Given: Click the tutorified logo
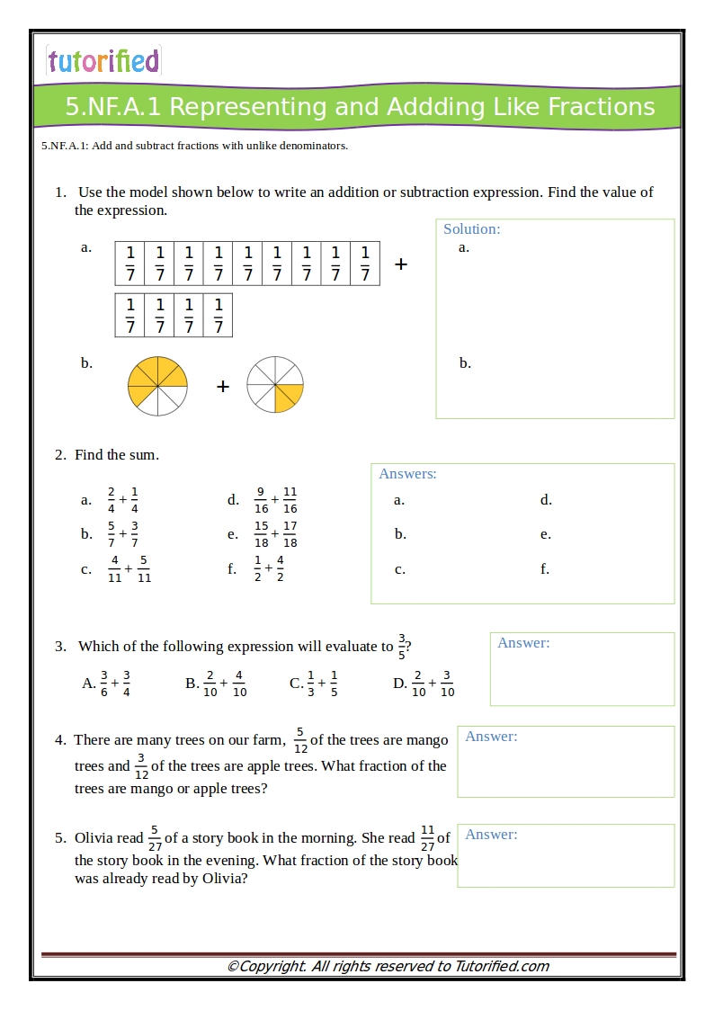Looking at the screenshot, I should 103,61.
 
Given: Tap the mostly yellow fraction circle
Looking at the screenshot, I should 157,386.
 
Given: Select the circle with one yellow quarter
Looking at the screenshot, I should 275,385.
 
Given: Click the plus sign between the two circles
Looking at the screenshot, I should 223,387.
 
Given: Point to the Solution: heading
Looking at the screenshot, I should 472,229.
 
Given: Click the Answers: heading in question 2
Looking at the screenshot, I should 407,474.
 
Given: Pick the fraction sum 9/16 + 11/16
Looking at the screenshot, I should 275,500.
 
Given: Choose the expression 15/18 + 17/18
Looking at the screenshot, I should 275,534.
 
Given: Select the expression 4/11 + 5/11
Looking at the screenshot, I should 129,569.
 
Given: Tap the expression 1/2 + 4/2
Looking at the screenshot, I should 269,568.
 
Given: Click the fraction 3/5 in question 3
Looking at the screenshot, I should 401,647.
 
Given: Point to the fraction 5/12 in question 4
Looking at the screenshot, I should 300,740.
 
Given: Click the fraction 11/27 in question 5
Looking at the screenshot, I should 427,838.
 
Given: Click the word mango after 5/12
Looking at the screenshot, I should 428,740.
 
